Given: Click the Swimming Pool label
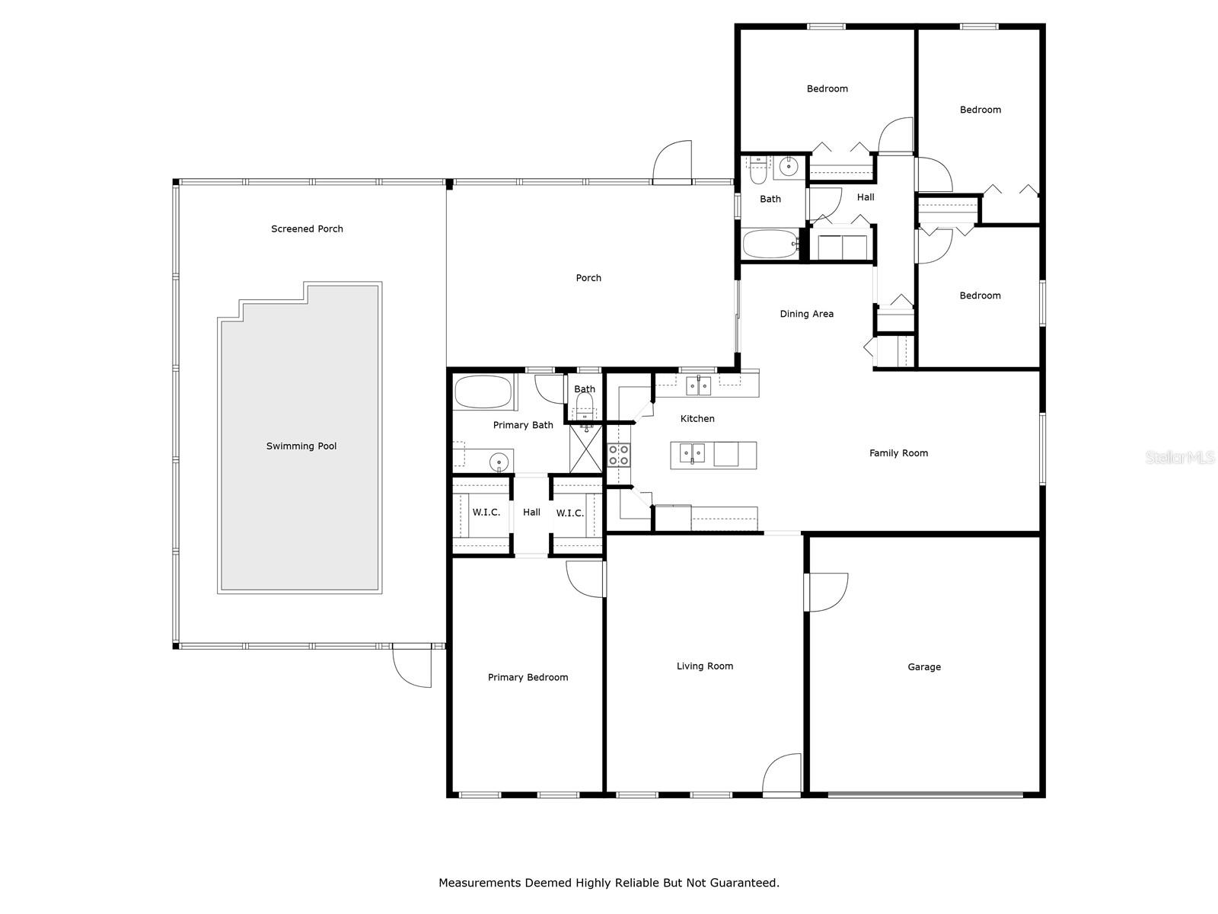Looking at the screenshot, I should click(301, 446).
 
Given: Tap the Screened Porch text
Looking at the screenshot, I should click(307, 228).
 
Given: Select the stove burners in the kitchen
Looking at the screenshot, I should click(618, 455).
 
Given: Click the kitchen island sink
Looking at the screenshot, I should click(692, 454).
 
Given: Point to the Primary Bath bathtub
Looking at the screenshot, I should click(483, 393).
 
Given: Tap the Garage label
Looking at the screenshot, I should click(923, 666).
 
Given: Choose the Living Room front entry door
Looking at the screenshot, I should click(782, 775).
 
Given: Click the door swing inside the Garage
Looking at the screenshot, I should click(826, 592).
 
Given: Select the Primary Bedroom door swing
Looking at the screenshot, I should click(585, 579).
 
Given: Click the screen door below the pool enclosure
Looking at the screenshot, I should click(412, 666).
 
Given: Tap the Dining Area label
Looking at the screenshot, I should click(806, 314).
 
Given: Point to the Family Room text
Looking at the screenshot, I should click(898, 453).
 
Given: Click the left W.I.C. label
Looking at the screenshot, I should click(486, 512).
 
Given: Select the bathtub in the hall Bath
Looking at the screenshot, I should click(770, 244).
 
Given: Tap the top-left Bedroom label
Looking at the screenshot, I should click(827, 89).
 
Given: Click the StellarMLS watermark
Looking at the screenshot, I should click(1180, 457).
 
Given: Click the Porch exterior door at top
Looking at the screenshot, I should click(673, 161).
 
